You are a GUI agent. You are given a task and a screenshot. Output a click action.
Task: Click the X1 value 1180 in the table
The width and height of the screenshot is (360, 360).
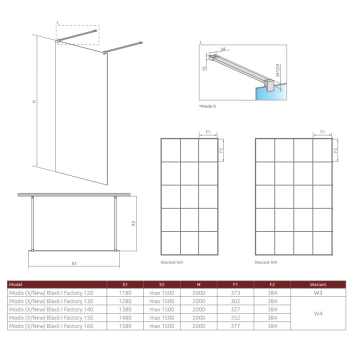click(x=125, y=293)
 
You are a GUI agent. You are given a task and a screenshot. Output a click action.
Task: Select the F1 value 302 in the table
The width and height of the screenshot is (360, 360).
click(x=235, y=301)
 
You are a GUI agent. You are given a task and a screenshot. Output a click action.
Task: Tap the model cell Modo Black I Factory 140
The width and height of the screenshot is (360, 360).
click(x=51, y=309)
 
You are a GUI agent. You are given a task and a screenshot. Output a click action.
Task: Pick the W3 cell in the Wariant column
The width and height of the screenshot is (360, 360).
click(x=318, y=293)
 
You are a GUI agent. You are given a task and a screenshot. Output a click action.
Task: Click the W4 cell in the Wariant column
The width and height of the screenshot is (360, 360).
click(x=318, y=313)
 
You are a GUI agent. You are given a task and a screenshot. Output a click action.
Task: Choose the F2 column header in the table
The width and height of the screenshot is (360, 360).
click(x=272, y=284)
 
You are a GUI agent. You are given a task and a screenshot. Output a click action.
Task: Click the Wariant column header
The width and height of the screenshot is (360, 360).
click(x=318, y=284)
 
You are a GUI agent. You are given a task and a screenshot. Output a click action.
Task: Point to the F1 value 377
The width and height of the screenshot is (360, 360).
click(x=235, y=326)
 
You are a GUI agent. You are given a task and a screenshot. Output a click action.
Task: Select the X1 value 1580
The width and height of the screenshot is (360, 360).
click(x=125, y=326)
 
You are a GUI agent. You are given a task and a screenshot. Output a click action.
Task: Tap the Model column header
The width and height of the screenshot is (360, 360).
click(x=16, y=284)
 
